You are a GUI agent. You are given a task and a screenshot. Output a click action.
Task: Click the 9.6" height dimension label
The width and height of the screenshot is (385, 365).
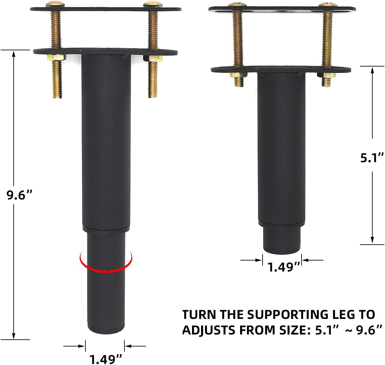(20, 195)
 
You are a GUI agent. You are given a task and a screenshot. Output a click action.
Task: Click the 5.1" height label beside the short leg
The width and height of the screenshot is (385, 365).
(372, 158)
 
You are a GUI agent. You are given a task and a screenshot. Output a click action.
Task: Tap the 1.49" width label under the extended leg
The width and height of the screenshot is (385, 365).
(106, 359)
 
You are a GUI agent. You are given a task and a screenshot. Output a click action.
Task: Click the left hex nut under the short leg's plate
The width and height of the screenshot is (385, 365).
(237, 75)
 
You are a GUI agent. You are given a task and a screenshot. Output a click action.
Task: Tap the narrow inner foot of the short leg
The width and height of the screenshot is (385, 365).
(282, 240)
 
